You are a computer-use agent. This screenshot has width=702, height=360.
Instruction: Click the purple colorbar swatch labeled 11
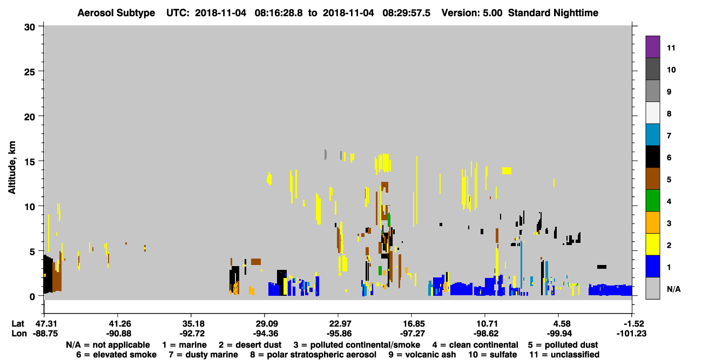click(x=652, y=46)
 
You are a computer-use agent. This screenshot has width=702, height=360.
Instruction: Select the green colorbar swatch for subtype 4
click(x=652, y=201)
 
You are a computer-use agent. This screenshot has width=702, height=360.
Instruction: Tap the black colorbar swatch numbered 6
click(x=652, y=157)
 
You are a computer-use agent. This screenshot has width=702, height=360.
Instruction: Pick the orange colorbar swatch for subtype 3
click(x=652, y=222)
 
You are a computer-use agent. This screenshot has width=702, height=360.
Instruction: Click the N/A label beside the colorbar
click(x=673, y=289)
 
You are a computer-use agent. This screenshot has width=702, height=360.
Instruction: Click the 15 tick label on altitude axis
click(x=30, y=162)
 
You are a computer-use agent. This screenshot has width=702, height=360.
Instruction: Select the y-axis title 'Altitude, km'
click(x=11, y=168)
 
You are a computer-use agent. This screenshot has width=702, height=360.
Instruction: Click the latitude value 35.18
click(x=191, y=324)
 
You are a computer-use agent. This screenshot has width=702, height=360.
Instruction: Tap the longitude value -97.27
click(x=413, y=334)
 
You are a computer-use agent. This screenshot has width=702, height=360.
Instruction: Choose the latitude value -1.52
click(x=632, y=324)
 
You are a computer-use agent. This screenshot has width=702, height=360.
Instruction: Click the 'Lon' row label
click(x=19, y=334)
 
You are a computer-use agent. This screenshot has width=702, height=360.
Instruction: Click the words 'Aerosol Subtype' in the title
click(x=116, y=13)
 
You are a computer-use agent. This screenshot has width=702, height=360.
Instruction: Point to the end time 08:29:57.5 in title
click(x=406, y=13)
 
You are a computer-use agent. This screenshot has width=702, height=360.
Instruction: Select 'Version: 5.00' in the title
click(x=472, y=13)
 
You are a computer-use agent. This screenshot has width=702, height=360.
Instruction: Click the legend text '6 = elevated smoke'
click(x=116, y=355)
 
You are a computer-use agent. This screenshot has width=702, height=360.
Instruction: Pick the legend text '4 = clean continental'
click(x=475, y=345)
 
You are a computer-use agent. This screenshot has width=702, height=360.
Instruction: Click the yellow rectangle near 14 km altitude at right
click(x=507, y=171)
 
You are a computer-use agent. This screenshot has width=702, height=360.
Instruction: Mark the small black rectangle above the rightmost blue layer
click(x=602, y=267)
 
